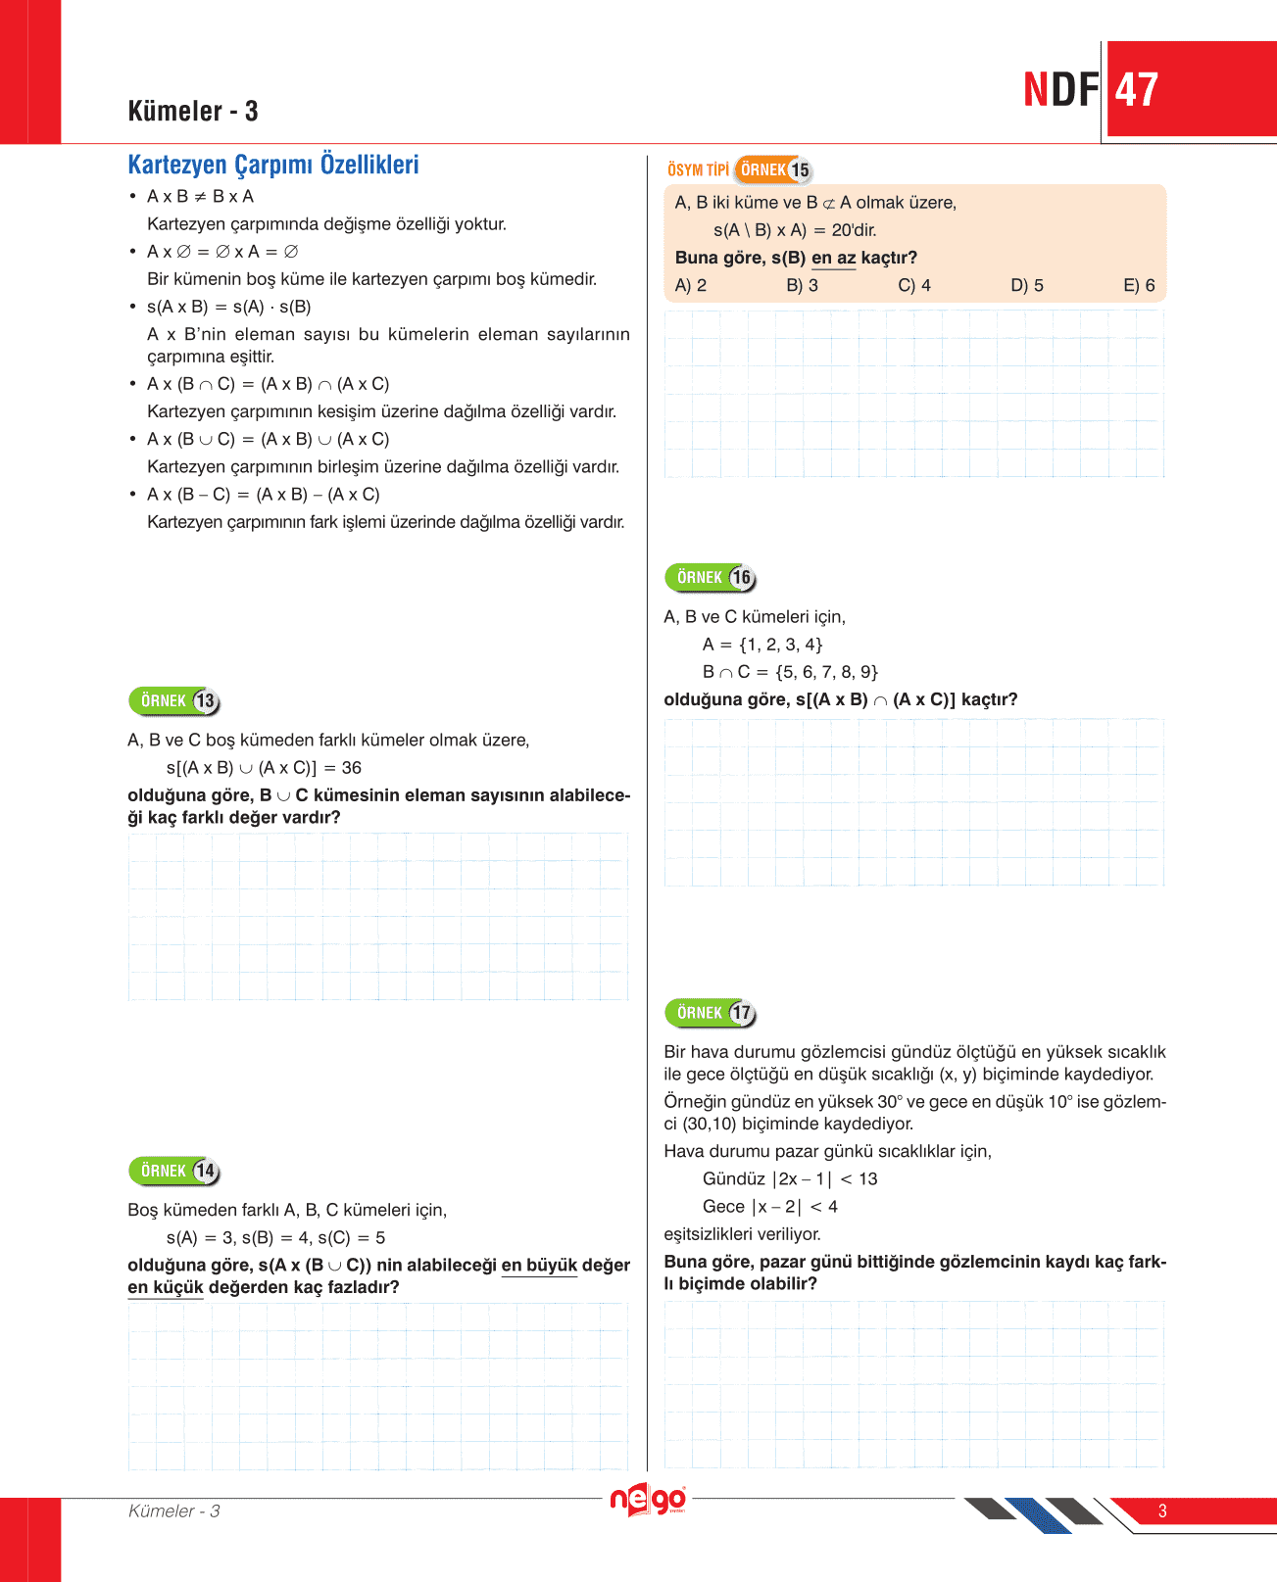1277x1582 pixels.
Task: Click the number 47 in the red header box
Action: tap(1137, 90)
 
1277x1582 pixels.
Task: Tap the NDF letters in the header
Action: tap(1061, 90)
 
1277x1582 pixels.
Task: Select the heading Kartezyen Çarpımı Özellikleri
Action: tap(273, 165)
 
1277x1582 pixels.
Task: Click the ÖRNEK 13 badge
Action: tap(174, 701)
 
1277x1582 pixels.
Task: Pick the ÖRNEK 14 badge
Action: tap(174, 1171)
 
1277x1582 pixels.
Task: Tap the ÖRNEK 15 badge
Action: tap(773, 169)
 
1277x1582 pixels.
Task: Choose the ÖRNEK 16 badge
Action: tap(711, 578)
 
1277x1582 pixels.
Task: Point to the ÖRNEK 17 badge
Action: tap(711, 1013)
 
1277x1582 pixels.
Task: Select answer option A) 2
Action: tap(691, 285)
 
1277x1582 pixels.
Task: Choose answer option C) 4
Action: tap(914, 285)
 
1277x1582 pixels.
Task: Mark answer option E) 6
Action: tap(1139, 285)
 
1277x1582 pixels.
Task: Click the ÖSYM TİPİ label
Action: tap(698, 169)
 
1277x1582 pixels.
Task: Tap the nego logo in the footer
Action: tap(647, 1500)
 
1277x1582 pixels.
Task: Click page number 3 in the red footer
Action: tap(1162, 1510)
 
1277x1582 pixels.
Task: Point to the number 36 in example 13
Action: tap(351, 768)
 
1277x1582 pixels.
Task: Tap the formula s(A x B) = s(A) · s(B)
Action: tap(228, 307)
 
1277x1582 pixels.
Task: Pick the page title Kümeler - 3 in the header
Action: tap(193, 111)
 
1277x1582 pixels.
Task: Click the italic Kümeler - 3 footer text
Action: tap(174, 1510)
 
